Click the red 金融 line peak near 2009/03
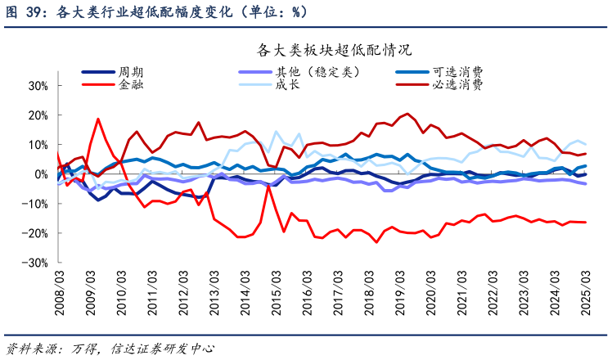coord(98,119)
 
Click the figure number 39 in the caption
coord(31,11)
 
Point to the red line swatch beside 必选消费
coord(412,83)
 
